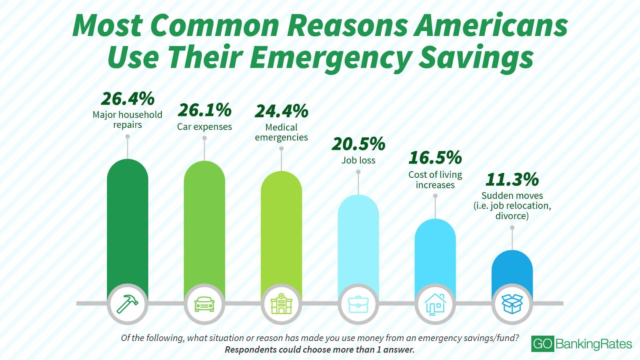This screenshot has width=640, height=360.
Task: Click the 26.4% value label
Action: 128,98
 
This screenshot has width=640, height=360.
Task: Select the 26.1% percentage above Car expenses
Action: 204,110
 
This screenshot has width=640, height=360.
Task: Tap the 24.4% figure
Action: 282,111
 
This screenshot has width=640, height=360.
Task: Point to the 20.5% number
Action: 358,144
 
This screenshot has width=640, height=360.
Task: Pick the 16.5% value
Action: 435,158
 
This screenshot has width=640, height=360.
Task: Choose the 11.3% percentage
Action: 512,179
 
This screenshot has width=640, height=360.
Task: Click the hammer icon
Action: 128,304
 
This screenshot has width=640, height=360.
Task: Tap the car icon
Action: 204,304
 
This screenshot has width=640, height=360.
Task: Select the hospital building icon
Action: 282,304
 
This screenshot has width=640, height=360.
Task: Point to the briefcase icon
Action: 358,304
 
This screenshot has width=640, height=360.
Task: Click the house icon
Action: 435,304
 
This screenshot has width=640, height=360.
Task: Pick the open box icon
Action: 512,304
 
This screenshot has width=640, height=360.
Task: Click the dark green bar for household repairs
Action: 128,224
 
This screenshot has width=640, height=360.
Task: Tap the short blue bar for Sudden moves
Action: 512,268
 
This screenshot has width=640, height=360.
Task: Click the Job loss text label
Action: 358,160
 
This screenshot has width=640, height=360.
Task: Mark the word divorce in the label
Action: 512,216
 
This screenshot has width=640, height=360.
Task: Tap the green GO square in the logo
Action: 543,344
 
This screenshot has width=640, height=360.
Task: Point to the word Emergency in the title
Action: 331,57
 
